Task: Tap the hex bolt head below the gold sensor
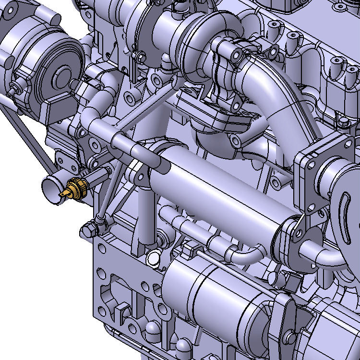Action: [x=89, y=228]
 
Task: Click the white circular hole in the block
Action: [x=153, y=258]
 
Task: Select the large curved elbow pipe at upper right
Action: [x=278, y=96]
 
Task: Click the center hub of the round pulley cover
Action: [x=62, y=75]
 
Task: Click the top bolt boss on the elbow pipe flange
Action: [x=236, y=56]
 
